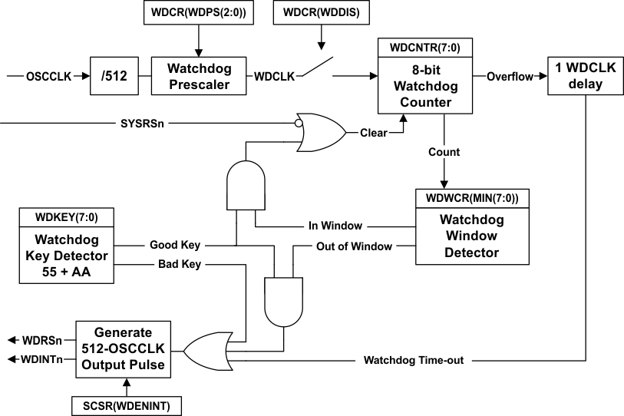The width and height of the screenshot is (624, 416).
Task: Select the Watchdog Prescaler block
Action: click(x=199, y=77)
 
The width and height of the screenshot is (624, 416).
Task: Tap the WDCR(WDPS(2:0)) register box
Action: click(x=198, y=13)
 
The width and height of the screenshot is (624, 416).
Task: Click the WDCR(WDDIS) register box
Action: click(x=322, y=13)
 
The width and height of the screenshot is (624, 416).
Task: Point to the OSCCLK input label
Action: click(x=48, y=77)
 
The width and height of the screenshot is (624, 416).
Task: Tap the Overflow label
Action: click(x=510, y=76)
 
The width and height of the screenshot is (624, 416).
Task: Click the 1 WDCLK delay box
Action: click(x=586, y=76)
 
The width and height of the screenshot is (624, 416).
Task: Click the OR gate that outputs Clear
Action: click(x=320, y=132)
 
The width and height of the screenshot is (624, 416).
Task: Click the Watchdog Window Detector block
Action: click(x=468, y=236)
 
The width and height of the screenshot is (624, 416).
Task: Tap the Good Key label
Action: click(x=175, y=246)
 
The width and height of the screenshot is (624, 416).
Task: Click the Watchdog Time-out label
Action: click(x=413, y=360)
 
